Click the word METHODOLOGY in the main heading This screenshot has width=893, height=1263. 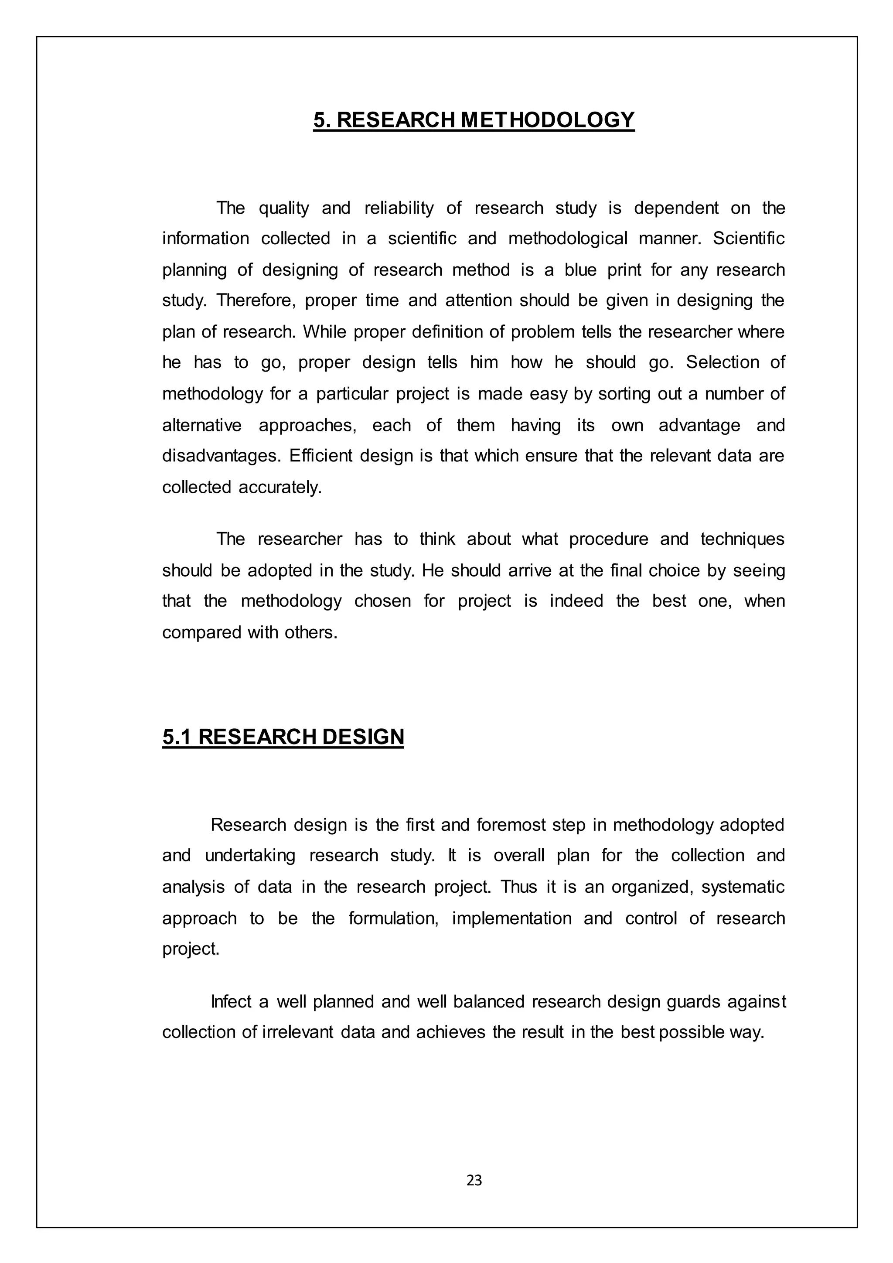click(x=547, y=120)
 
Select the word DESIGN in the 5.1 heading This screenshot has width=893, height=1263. click(x=363, y=737)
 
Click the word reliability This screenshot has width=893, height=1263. click(x=399, y=208)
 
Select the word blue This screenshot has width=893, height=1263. click(x=579, y=270)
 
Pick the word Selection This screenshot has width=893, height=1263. click(x=720, y=362)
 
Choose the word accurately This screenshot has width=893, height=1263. click(x=280, y=488)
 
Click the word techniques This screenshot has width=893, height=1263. click(x=742, y=539)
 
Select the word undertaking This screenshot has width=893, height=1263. click(x=250, y=856)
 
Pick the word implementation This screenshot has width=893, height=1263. click(x=511, y=918)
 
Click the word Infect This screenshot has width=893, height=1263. click(x=231, y=1002)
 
